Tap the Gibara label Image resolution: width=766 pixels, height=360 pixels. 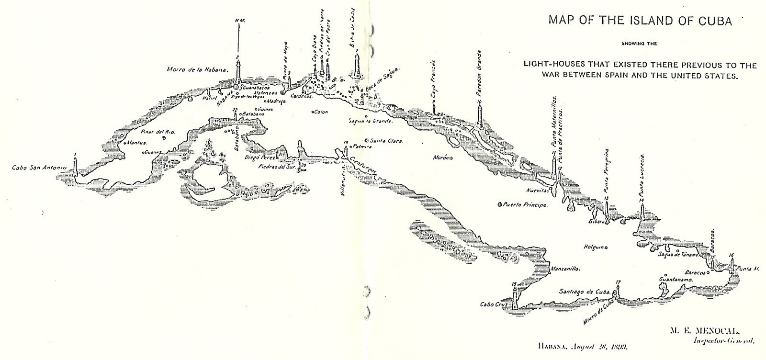click(x=598, y=222)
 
